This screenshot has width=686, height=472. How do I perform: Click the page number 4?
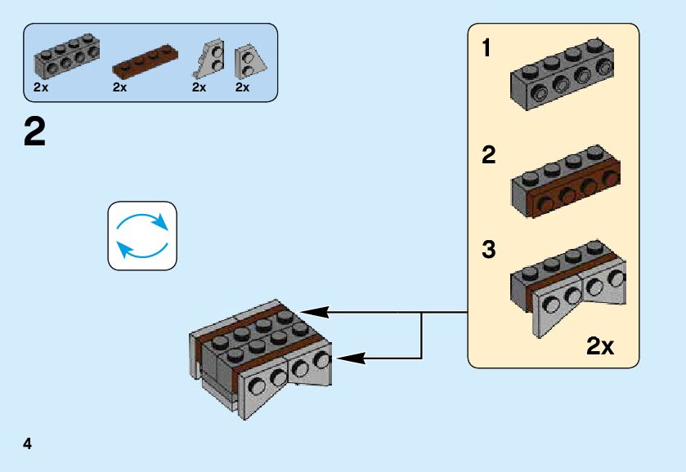pos(28,444)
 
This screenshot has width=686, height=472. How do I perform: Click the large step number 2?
pos(35,132)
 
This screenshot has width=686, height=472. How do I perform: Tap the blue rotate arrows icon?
pos(142,235)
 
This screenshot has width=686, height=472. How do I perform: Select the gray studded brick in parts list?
pos(66,55)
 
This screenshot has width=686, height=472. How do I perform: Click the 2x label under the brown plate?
pos(120,87)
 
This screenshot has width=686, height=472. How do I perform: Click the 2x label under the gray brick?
pos(41,87)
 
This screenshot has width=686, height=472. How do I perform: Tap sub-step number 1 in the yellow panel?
pos(487,49)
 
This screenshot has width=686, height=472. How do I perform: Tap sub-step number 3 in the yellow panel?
pos(489,250)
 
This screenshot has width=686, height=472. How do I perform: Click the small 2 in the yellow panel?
pos(489,155)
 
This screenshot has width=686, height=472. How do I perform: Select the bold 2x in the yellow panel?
pos(600,347)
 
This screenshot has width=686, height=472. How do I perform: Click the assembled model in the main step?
pos(261,359)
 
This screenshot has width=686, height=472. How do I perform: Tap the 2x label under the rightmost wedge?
pos(242,87)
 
